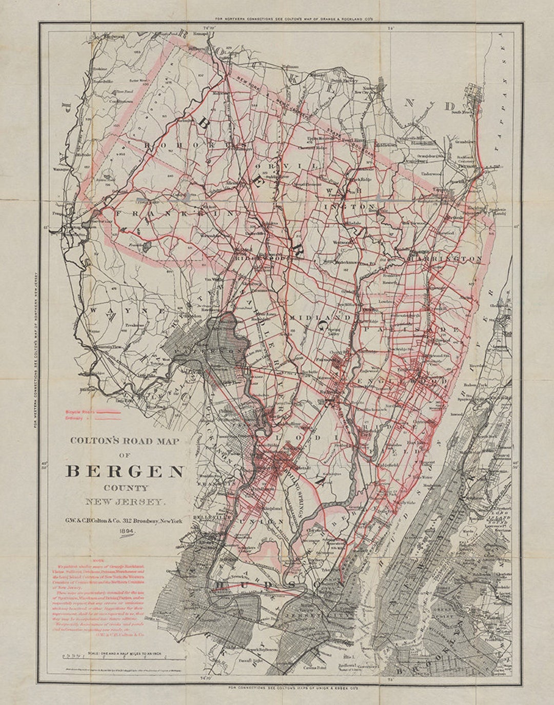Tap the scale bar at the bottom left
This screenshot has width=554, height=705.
(x=123, y=657)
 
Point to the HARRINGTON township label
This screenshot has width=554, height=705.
(x=445, y=259)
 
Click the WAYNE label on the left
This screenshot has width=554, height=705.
(x=111, y=311)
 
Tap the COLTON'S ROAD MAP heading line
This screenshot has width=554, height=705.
(x=125, y=440)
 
